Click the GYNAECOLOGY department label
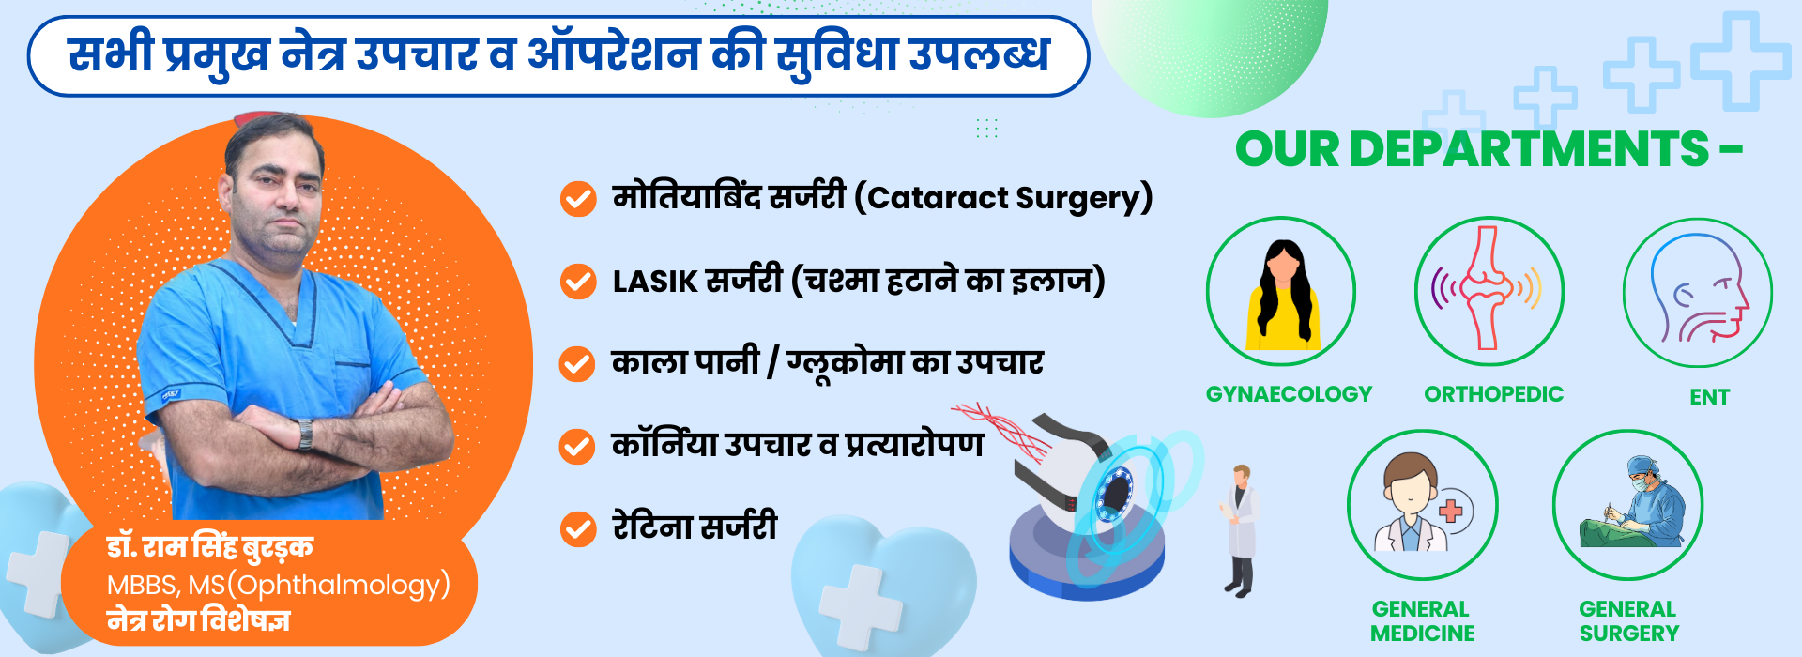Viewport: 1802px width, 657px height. pyautogui.click(x=1289, y=394)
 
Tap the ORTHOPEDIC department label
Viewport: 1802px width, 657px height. pyautogui.click(x=1493, y=394)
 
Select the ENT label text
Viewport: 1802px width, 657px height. pyautogui.click(x=1709, y=397)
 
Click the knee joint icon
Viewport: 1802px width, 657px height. pyautogui.click(x=1489, y=289)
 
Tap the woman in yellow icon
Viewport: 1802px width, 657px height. pyautogui.click(x=1282, y=295)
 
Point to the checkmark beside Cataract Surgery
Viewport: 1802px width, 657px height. pyautogui.click(x=578, y=199)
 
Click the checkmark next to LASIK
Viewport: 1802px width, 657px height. pyautogui.click(x=578, y=282)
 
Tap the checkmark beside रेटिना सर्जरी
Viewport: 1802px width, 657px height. pyautogui.click(x=578, y=529)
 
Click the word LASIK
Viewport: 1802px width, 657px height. pyautogui.click(x=655, y=282)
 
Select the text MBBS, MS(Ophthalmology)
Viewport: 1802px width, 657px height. pyautogui.click(x=279, y=586)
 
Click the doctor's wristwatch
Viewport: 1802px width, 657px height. pyautogui.click(x=305, y=434)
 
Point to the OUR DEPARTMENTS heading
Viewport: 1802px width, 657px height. pyautogui.click(x=1489, y=148)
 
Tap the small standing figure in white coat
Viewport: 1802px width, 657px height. pyautogui.click(x=1241, y=530)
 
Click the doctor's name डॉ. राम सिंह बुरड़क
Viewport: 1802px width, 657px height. pyautogui.click(x=209, y=546)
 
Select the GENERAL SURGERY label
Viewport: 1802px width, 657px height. pyautogui.click(x=1628, y=621)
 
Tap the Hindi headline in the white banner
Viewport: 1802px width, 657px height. pyautogui.click(x=558, y=54)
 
